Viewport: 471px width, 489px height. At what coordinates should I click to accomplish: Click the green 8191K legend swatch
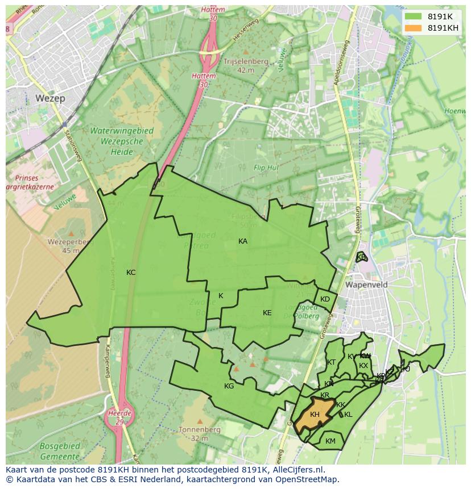click(413, 16)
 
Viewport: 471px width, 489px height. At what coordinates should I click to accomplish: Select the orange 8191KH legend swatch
click(413, 28)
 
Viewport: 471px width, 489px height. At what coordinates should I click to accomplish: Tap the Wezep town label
click(50, 98)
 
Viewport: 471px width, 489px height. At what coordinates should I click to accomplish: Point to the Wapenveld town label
click(366, 285)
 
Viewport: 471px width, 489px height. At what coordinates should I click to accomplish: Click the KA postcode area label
click(243, 241)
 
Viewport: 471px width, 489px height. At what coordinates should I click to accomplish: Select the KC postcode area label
click(131, 273)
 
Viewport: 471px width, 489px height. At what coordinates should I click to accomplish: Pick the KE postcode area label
click(267, 313)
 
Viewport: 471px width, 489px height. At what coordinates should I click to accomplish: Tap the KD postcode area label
click(325, 299)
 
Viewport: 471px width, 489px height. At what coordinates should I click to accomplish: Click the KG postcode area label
click(229, 386)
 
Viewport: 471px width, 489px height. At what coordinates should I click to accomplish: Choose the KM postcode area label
click(330, 441)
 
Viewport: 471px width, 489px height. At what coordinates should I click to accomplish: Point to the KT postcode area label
click(331, 362)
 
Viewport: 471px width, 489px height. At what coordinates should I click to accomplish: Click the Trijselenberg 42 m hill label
click(246, 66)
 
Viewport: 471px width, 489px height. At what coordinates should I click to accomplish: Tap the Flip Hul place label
click(266, 168)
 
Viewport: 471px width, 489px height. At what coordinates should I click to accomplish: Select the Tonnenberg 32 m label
click(199, 434)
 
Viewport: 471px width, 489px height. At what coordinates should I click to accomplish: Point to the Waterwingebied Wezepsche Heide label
click(122, 141)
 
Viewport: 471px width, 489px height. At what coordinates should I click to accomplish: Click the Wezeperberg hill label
click(64, 246)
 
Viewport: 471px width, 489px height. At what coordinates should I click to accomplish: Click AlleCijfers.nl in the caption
click(297, 470)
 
